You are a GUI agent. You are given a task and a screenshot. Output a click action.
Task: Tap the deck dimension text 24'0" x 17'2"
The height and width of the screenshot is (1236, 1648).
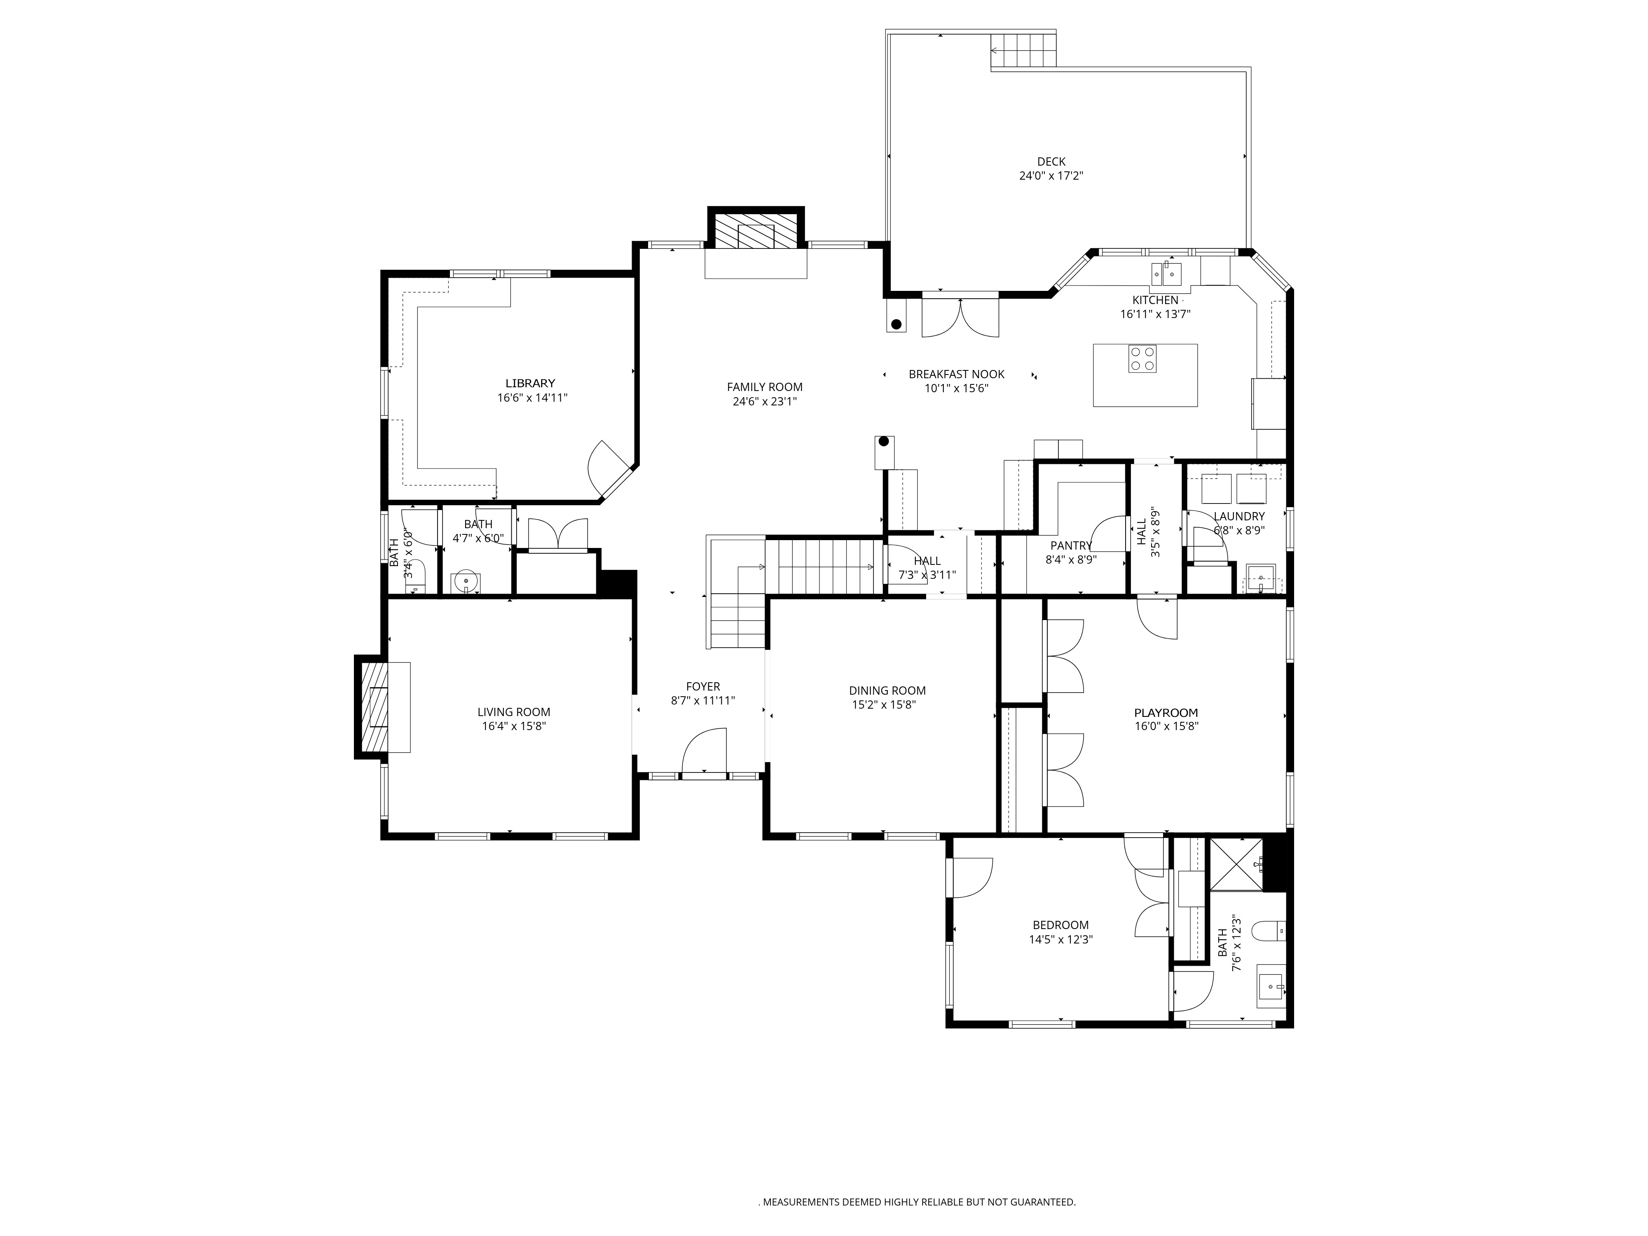(x=1051, y=176)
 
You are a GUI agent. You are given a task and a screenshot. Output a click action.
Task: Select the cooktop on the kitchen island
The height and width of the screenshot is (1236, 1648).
(x=1142, y=358)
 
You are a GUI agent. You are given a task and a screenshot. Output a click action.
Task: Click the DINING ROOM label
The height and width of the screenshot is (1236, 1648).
(x=887, y=691)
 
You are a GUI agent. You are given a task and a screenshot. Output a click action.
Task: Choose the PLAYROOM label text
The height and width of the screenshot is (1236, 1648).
(x=1165, y=712)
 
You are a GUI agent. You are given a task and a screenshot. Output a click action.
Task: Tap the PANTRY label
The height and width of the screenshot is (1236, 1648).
(x=1071, y=546)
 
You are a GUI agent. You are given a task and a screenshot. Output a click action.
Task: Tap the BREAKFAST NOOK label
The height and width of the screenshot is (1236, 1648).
(x=956, y=374)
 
